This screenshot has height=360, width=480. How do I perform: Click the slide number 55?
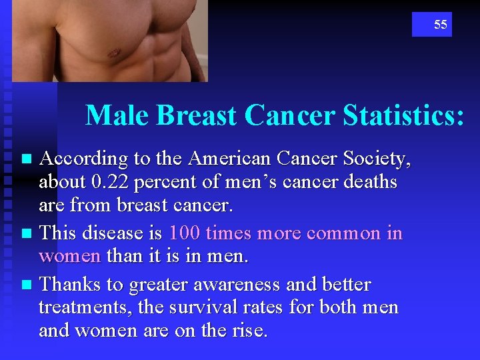click(x=440, y=25)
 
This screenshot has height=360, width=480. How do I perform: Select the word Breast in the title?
click(x=196, y=115)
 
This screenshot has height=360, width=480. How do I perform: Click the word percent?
click(x=160, y=182)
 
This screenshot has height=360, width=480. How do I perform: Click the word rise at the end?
click(x=249, y=331)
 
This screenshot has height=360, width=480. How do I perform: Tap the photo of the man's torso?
click(x=110, y=40)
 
